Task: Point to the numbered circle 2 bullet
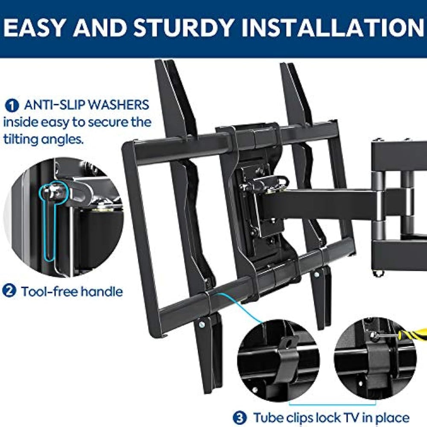point(9,292)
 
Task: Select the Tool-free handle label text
point(72,292)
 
